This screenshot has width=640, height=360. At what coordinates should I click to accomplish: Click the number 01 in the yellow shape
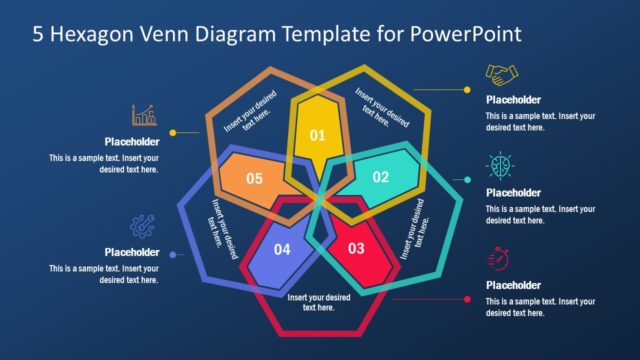pos(317,135)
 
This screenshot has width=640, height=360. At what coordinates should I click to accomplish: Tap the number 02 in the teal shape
pos(380,177)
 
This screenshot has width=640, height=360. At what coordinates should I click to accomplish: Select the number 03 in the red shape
pos(356,247)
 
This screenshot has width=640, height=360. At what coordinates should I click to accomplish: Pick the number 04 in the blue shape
pos(282,249)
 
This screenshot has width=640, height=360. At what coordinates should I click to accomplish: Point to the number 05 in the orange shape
pos(254,179)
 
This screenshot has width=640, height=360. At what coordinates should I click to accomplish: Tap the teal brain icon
pos(498,165)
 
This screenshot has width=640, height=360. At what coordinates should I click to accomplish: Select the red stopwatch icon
pos(497,258)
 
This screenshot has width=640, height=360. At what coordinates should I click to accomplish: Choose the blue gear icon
pos(142,228)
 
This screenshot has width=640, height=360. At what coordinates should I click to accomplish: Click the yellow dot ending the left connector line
pos(173,132)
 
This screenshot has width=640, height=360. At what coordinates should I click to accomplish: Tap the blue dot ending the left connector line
pos(173,255)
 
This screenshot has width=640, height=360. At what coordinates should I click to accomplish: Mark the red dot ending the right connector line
pos(467,298)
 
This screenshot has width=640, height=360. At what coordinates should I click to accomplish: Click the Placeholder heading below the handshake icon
pos(513,100)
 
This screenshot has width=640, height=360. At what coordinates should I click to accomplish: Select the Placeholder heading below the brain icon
pos(513,193)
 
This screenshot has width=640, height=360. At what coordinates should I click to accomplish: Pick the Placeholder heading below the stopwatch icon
pos(513,285)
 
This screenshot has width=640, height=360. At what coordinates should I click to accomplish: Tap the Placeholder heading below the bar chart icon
pos(132,142)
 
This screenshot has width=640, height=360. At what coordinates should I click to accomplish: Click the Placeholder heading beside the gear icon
pos(132,252)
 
